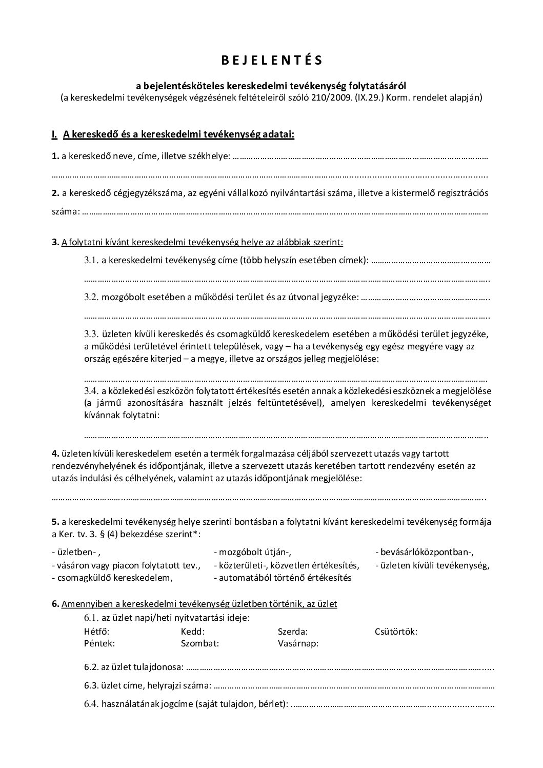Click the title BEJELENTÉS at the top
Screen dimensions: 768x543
pyautogui.click(x=272, y=61)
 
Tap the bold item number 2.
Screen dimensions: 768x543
pyautogui.click(x=55, y=193)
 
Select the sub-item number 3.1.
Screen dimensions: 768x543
pyautogui.click(x=91, y=261)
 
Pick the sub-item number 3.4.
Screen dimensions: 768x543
pyautogui.click(x=91, y=391)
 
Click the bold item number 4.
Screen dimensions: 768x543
pyautogui.click(x=55, y=454)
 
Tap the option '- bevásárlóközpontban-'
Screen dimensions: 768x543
pyautogui.click(x=424, y=553)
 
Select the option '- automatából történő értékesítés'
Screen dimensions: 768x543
pyautogui.click(x=283, y=578)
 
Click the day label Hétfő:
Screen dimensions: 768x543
pyautogui.click(x=96, y=632)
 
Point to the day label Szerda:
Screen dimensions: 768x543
pyautogui.click(x=293, y=632)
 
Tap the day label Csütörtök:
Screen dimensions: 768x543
pyautogui.click(x=396, y=632)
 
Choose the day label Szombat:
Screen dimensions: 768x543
pyautogui.click(x=200, y=643)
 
